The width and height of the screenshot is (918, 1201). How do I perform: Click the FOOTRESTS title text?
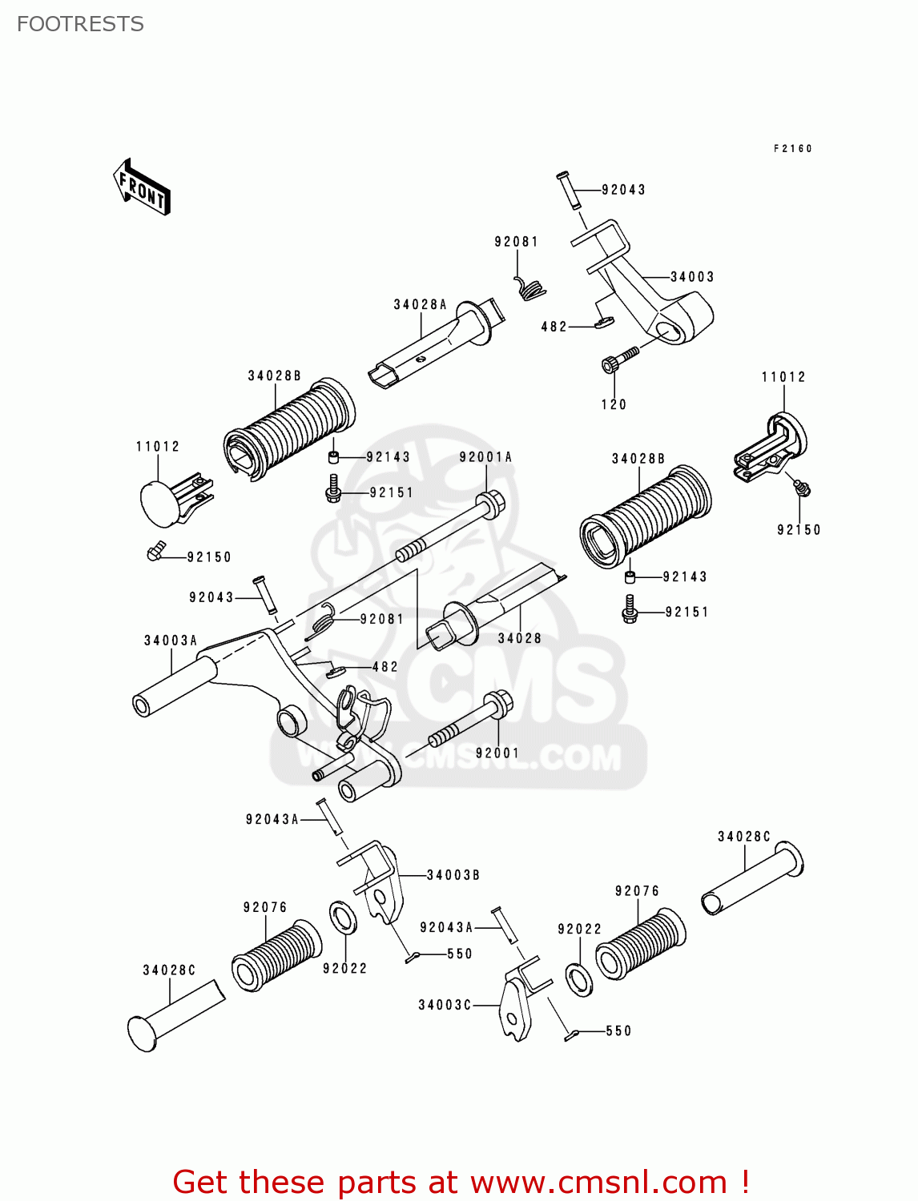click(80, 24)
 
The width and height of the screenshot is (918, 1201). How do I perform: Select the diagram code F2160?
click(792, 149)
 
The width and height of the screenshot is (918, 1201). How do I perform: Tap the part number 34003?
click(692, 277)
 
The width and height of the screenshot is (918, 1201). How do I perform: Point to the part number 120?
click(614, 404)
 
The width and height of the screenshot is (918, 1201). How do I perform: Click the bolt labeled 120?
click(618, 359)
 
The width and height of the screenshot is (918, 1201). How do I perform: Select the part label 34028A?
click(420, 304)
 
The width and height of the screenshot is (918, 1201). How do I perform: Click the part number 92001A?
click(485, 457)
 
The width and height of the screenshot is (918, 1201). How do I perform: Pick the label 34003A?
click(171, 641)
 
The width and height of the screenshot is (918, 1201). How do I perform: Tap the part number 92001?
click(497, 753)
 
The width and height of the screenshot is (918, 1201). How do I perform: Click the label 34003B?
click(453, 875)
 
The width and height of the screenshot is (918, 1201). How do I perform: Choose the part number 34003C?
click(445, 1005)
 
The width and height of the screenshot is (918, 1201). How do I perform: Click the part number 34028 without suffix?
click(520, 638)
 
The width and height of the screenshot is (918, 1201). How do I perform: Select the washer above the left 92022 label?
click(343, 917)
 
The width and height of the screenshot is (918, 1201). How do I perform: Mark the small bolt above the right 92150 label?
click(800, 485)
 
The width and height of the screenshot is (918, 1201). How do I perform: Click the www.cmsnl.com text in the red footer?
click(598, 1182)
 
